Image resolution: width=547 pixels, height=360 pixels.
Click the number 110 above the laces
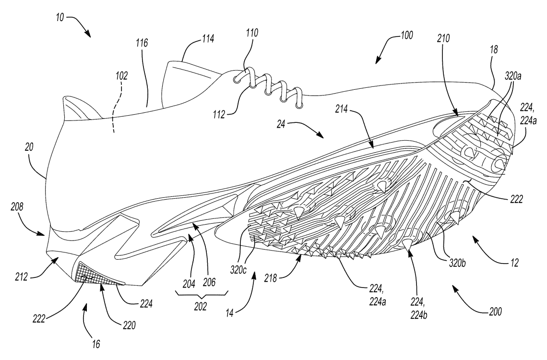[x=251, y=34]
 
